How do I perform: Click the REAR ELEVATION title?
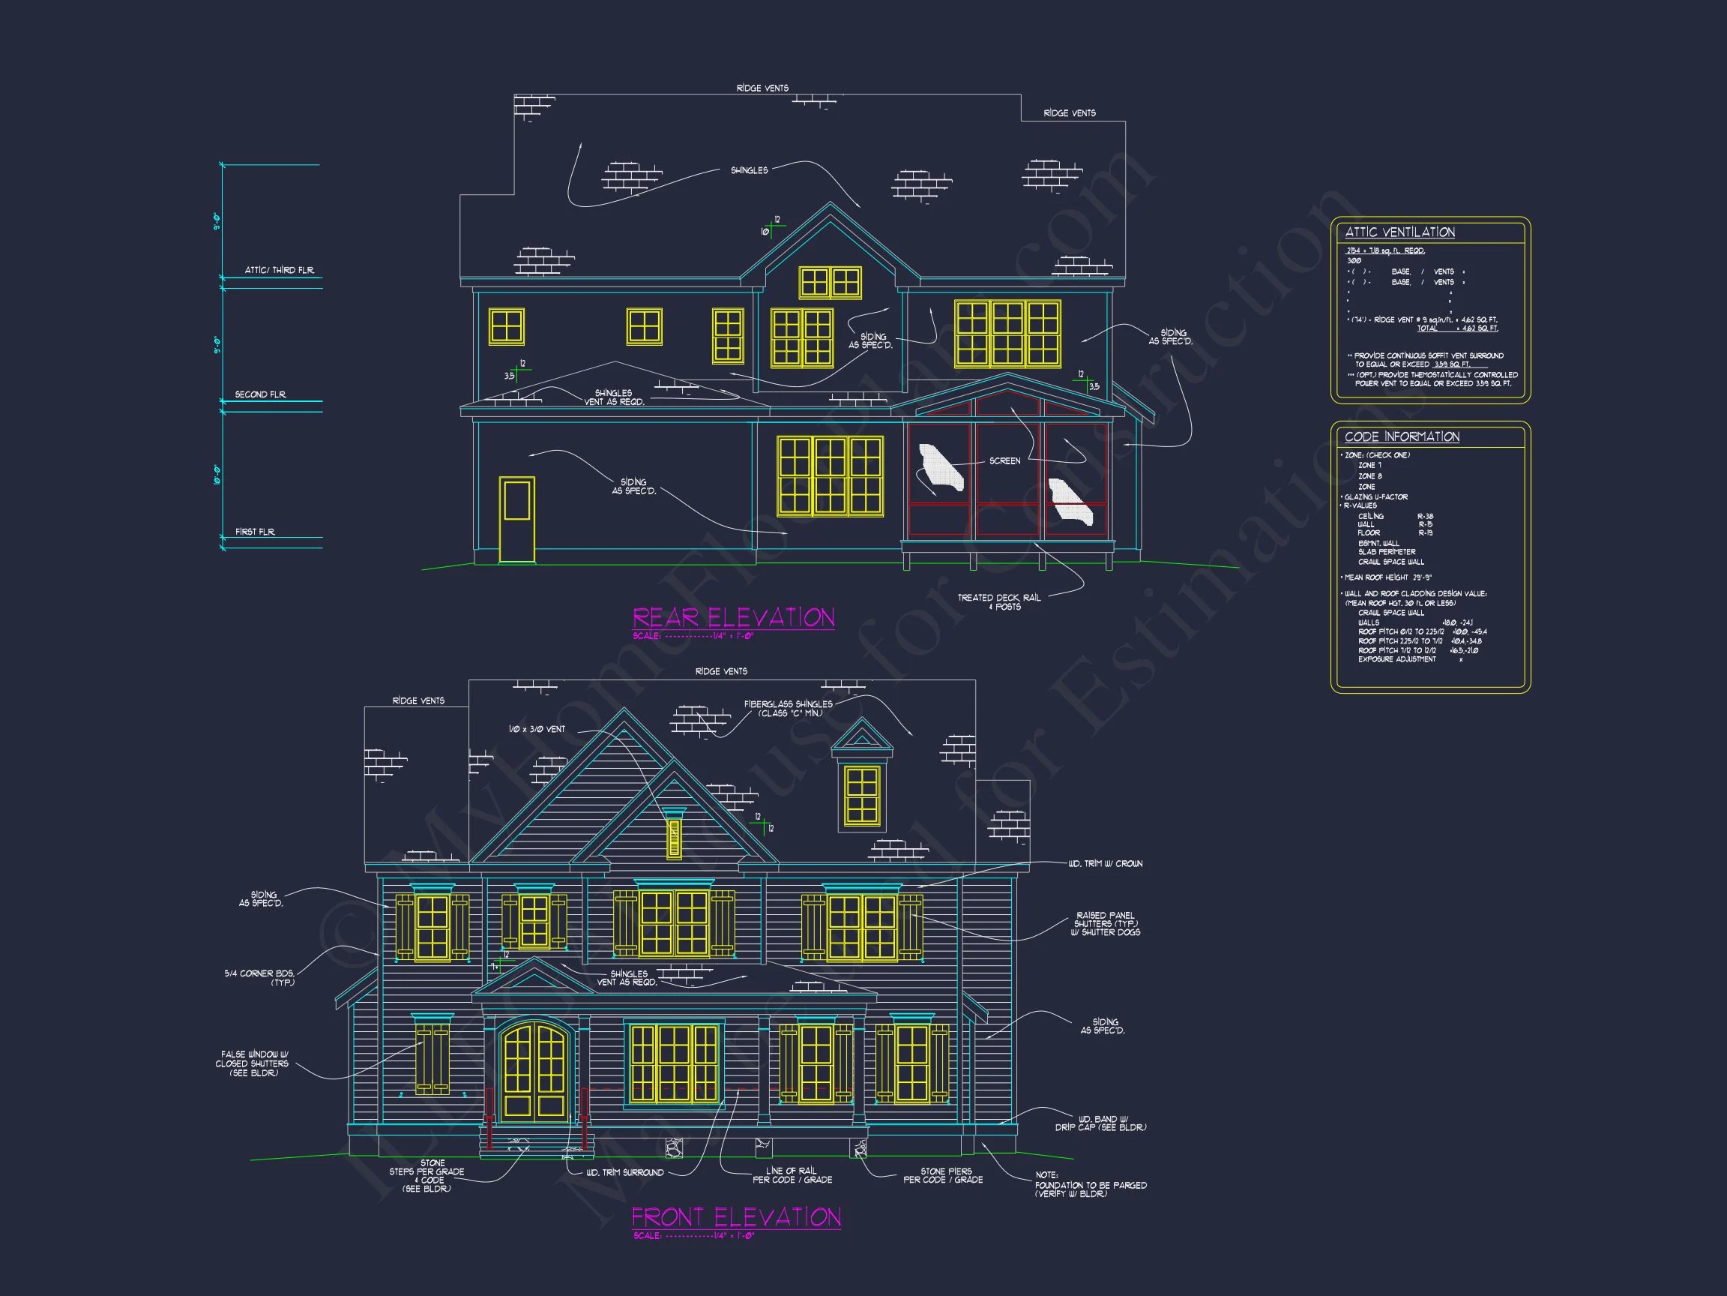(x=733, y=618)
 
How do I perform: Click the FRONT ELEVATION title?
(x=735, y=1217)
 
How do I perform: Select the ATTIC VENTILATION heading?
(x=1399, y=232)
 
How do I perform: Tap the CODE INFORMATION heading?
(x=1402, y=436)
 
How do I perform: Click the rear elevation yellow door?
(x=517, y=520)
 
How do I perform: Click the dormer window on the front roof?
(x=862, y=795)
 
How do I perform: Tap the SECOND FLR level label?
(x=261, y=394)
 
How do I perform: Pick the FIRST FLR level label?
(x=256, y=532)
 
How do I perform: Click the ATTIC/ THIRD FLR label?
(x=280, y=270)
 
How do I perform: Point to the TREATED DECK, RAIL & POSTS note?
(x=998, y=601)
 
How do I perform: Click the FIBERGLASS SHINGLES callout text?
(x=788, y=709)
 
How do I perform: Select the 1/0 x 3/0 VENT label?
(x=537, y=729)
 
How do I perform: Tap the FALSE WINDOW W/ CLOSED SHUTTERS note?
(x=253, y=1063)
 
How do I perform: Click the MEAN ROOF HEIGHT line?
(x=1387, y=577)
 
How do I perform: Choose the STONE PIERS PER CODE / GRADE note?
(x=943, y=1175)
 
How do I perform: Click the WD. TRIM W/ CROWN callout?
(x=1105, y=863)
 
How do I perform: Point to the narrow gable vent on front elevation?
(x=674, y=838)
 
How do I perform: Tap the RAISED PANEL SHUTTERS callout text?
(x=1105, y=923)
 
